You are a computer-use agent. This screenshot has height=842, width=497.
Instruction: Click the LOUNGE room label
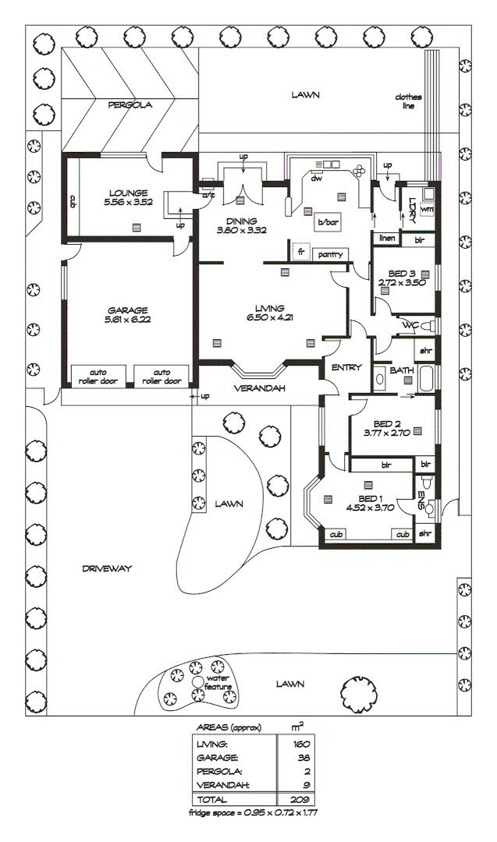129,192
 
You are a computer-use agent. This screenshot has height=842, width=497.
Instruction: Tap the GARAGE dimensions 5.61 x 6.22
129,320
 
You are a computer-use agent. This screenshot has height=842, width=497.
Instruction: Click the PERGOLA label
130,104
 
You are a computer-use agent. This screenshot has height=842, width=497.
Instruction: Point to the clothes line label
407,101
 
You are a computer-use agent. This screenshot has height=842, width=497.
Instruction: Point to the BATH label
402,370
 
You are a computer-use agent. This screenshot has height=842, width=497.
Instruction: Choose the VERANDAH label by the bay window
260,388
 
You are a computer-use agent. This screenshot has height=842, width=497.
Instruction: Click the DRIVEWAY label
108,569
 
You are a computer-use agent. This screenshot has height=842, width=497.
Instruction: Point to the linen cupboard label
385,239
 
